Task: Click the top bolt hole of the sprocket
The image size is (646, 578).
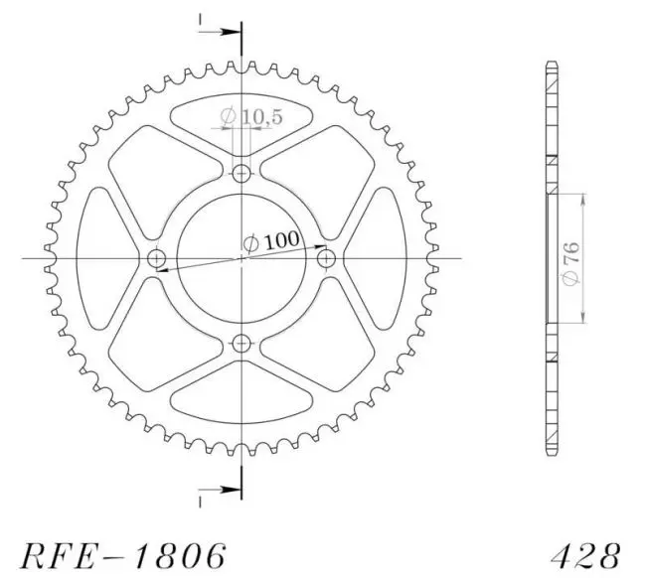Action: [242, 174]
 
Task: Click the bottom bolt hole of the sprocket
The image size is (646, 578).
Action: [242, 344]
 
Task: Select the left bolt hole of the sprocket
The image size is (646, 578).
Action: [157, 258]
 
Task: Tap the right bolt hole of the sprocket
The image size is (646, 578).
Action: [326, 258]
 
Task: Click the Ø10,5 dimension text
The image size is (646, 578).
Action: [251, 117]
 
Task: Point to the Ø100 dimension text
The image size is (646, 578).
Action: [271, 241]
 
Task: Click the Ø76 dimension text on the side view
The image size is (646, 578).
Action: [571, 263]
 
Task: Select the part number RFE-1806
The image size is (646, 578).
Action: [123, 556]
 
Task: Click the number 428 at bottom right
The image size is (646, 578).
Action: [585, 556]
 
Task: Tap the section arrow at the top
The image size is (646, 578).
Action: [220, 32]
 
